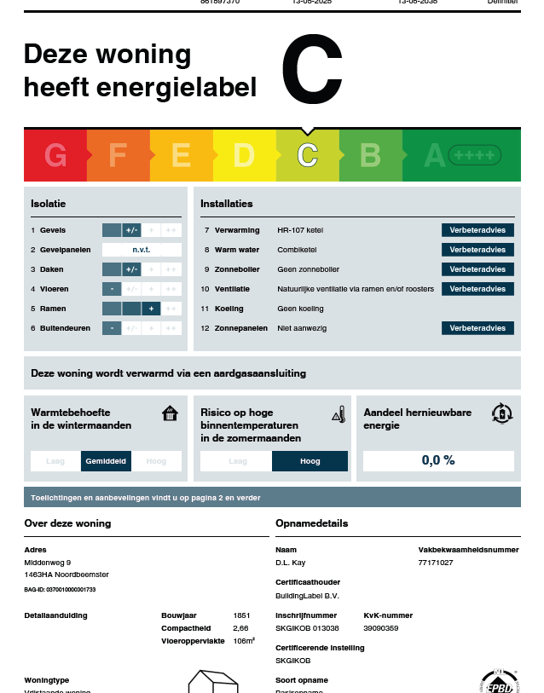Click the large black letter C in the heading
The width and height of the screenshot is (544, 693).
coord(312,69)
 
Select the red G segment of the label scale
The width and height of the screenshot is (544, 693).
coord(55,155)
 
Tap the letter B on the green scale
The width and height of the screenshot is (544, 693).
coord(370,155)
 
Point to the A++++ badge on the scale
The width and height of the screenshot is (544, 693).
coord(474,155)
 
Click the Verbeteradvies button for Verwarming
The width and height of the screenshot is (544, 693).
coord(477,230)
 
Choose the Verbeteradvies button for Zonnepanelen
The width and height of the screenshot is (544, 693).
coord(477,328)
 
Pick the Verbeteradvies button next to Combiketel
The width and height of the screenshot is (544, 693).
coord(477,250)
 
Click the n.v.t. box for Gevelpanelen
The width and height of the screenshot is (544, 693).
coord(142,250)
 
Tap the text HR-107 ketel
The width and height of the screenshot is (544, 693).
coord(300,230)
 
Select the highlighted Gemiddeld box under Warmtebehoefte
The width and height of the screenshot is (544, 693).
coord(107,461)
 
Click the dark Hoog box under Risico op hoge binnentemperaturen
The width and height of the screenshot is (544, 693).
coord(310,461)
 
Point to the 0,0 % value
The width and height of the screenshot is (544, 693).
coord(438,460)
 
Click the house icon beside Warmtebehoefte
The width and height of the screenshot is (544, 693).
coord(171,413)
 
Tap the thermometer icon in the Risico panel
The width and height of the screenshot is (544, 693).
coord(339,414)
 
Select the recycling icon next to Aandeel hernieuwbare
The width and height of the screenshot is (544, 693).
coord(502,413)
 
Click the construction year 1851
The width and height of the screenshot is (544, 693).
coord(242,615)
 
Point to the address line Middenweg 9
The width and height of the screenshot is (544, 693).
coord(48,563)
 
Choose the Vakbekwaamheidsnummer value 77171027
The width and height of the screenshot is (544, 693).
coord(436,563)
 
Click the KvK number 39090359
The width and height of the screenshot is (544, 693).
coord(381,627)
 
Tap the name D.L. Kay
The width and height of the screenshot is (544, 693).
coord(291,563)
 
